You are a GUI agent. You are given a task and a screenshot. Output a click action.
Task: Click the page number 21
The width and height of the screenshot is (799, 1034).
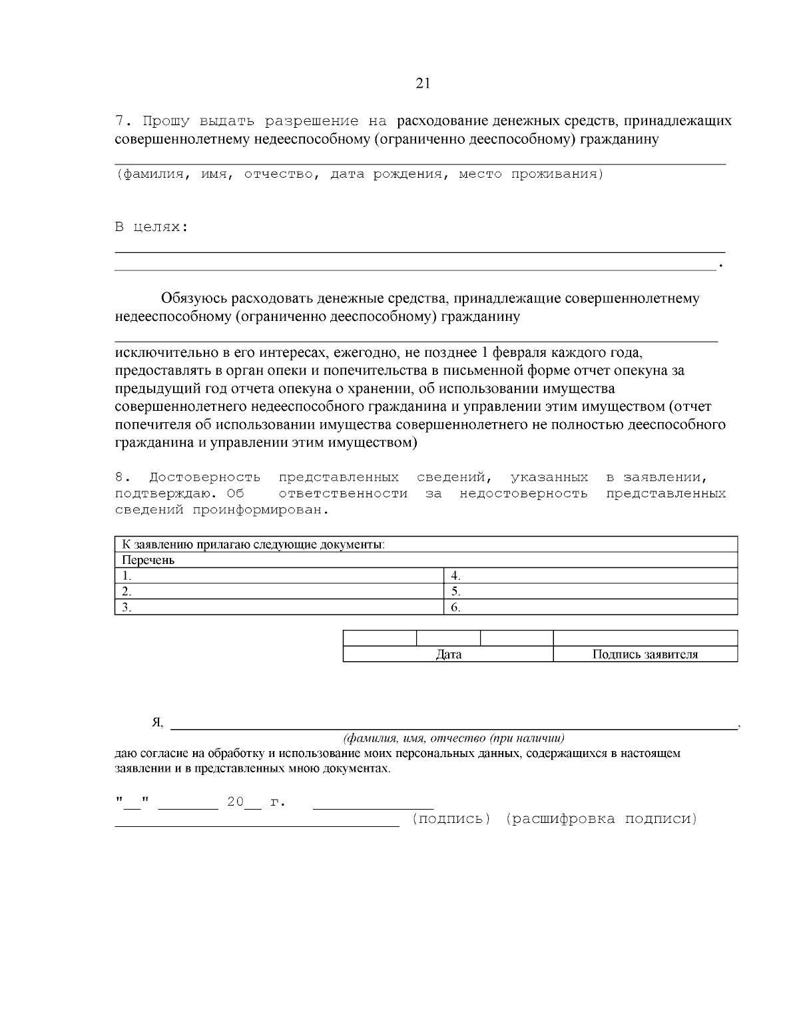coord(423,83)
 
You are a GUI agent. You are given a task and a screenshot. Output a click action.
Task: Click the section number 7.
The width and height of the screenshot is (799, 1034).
coord(120,121)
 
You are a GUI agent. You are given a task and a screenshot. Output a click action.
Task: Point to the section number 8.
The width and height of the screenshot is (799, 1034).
coord(120,477)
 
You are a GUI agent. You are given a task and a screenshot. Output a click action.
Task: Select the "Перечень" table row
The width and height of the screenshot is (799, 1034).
coord(426,560)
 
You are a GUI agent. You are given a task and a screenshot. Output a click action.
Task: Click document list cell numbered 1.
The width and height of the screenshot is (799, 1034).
coord(279,576)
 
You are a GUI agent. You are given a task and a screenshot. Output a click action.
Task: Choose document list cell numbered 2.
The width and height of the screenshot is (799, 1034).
coord(279,591)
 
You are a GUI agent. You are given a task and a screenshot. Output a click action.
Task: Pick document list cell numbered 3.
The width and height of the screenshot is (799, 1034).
coord(279,607)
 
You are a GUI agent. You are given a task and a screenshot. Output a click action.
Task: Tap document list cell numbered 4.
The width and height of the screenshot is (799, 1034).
coord(591,576)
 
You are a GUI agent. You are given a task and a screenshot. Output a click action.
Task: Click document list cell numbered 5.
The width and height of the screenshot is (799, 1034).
coord(591,591)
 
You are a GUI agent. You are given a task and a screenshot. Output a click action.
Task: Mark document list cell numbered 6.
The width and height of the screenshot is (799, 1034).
coord(591,607)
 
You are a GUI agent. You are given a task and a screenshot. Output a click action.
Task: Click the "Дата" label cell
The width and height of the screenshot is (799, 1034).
coord(448,654)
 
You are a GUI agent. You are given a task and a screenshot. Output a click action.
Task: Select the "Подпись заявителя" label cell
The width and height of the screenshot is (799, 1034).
coord(645,654)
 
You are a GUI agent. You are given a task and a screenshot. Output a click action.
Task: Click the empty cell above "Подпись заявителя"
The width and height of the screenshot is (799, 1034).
coord(645,638)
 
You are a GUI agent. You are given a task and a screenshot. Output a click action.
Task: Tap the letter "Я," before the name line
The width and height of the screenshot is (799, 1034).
coord(157,723)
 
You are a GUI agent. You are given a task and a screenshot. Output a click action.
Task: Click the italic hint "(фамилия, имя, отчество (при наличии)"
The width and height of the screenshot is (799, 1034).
coord(454,738)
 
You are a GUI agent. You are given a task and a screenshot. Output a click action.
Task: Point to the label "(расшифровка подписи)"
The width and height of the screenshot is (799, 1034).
coord(601,819)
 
